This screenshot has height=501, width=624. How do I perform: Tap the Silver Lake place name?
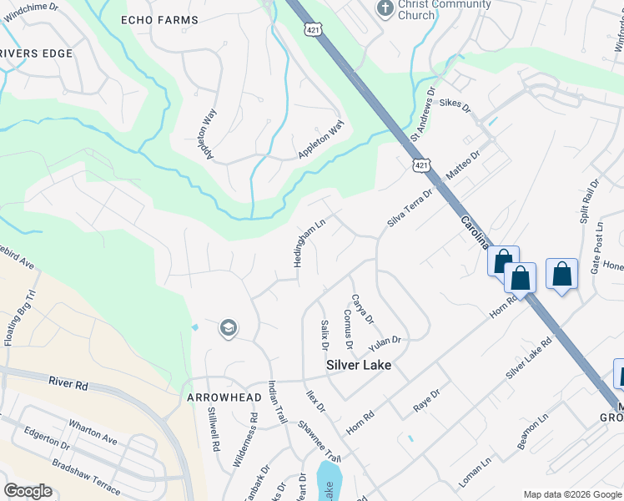(358, 365)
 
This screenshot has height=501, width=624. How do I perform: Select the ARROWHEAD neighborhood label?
(219, 397)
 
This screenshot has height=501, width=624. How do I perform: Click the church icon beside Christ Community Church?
(385, 8)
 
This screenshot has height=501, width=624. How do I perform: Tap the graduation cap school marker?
(227, 329)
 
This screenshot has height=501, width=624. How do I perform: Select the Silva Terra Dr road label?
(410, 208)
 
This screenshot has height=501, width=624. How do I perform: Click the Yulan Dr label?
(386, 341)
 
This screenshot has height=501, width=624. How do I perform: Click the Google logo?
(28, 491)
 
